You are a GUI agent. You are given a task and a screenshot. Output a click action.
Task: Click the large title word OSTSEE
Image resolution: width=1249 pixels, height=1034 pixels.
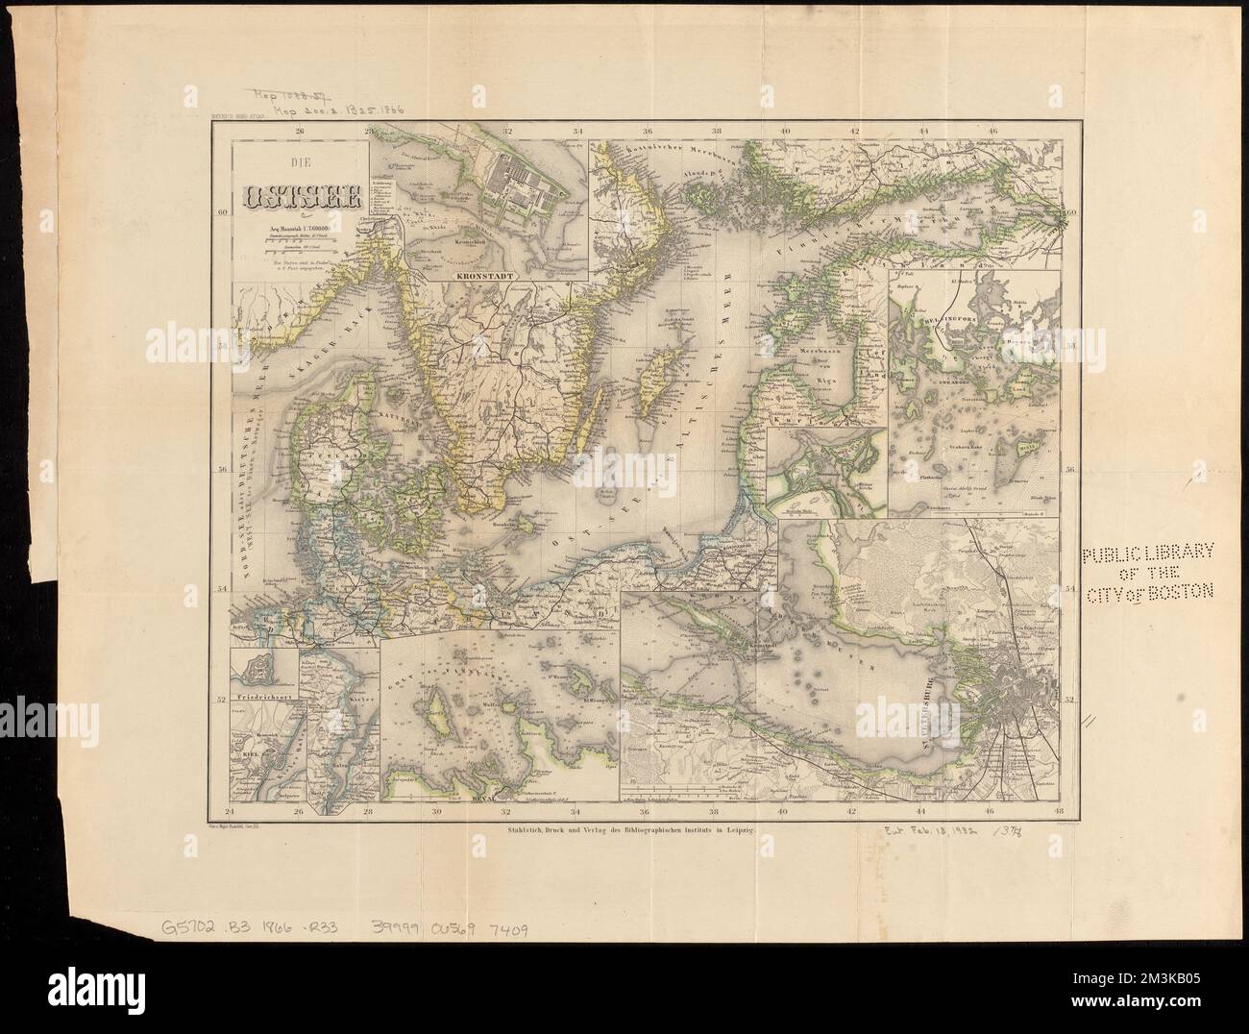tap(302, 199)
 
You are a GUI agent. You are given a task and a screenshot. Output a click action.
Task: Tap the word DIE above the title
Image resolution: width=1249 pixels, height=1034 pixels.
tap(302, 164)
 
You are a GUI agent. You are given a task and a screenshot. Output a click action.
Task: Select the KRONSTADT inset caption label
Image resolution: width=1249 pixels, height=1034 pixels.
tap(486, 275)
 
